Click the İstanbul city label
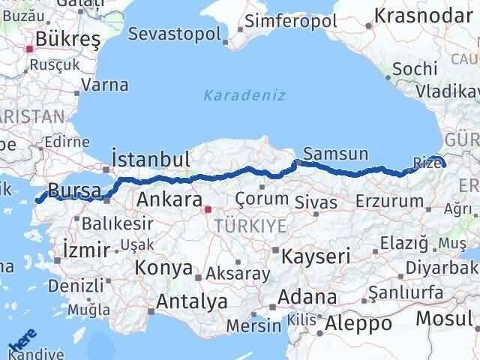click(x=149, y=159)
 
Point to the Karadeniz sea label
click(x=233, y=95)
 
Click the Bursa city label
click(x=73, y=190)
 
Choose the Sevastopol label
click(x=175, y=34)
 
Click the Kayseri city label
click(x=316, y=256)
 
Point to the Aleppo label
click(x=359, y=323)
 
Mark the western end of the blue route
click(x=38, y=200)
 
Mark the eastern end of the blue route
click(x=443, y=163)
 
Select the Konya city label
click(x=163, y=268)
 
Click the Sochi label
click(x=414, y=68)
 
